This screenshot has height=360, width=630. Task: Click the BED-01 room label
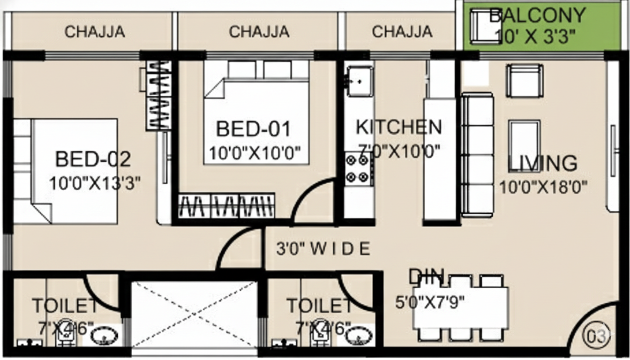tap(253, 129)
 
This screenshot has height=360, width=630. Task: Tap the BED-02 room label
tap(93, 159)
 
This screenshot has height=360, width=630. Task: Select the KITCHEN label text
tap(399, 127)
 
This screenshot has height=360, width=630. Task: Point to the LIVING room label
tap(542, 163)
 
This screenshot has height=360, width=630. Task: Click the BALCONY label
tap(538, 15)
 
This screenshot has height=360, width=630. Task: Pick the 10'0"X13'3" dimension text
tap(95, 183)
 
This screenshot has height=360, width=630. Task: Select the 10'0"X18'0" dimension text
tap(543, 187)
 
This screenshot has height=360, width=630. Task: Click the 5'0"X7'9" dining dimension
tap(430, 302)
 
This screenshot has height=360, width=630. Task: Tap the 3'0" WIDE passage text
tap(323, 248)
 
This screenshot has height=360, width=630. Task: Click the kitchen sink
tap(360, 82)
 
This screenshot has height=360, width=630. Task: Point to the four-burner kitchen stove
tap(359, 169)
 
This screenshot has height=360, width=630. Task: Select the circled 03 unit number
tap(596, 337)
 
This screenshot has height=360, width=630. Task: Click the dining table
tap(461, 308)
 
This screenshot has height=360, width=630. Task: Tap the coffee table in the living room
tap(525, 146)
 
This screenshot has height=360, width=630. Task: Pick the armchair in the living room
tap(525, 81)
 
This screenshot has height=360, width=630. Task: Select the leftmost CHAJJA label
tap(95, 32)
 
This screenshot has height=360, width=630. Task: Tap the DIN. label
tap(427, 277)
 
